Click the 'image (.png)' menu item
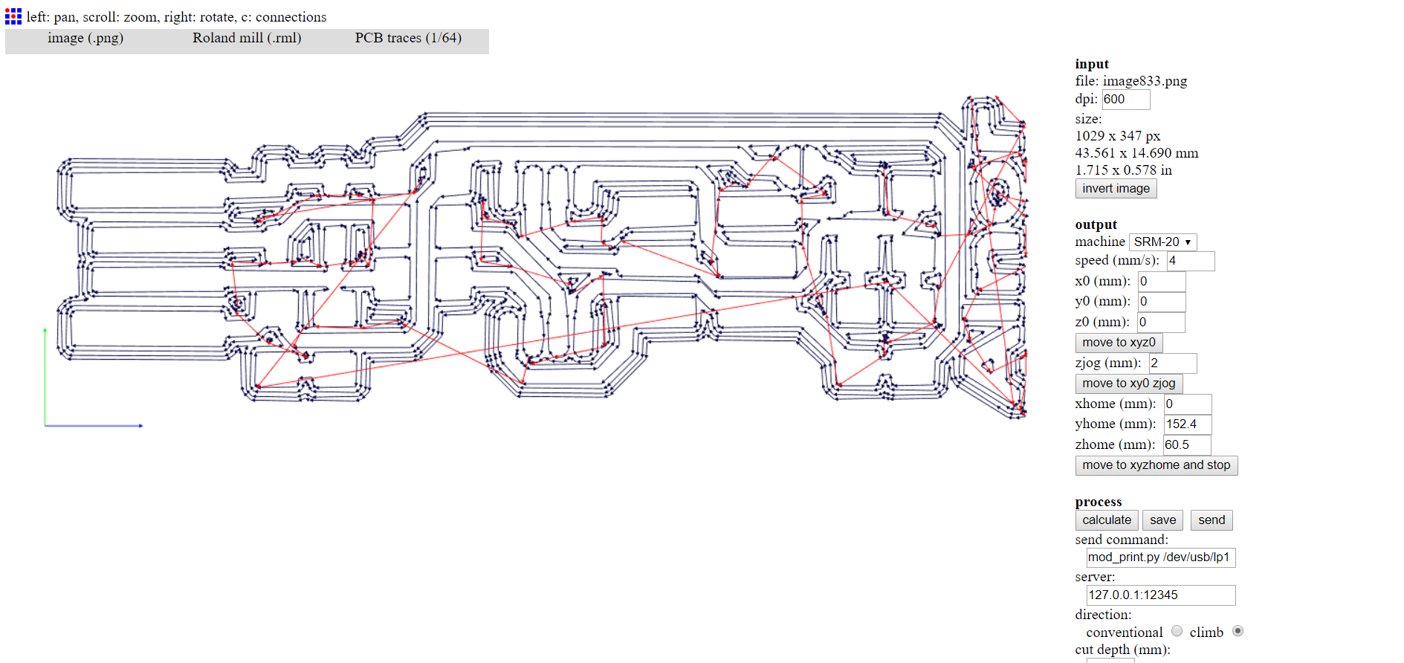pos(85,39)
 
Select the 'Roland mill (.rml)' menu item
pos(247,39)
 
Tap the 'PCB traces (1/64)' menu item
pos(408,39)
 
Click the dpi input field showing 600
pos(1125,100)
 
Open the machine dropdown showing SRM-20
pos(1162,242)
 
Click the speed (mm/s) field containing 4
pos(1190,261)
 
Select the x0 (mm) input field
pos(1161,282)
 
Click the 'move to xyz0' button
pos(1119,343)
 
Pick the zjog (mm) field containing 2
pos(1172,363)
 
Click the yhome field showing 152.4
pos(1187,424)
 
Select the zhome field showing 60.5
pos(1186,445)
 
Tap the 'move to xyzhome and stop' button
pos(1156,465)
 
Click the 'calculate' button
pos(1107,520)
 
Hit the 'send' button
pos(1211,520)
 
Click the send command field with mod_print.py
pos(1160,557)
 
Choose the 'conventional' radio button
pos(1177,631)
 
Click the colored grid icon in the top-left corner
pos(13,16)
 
